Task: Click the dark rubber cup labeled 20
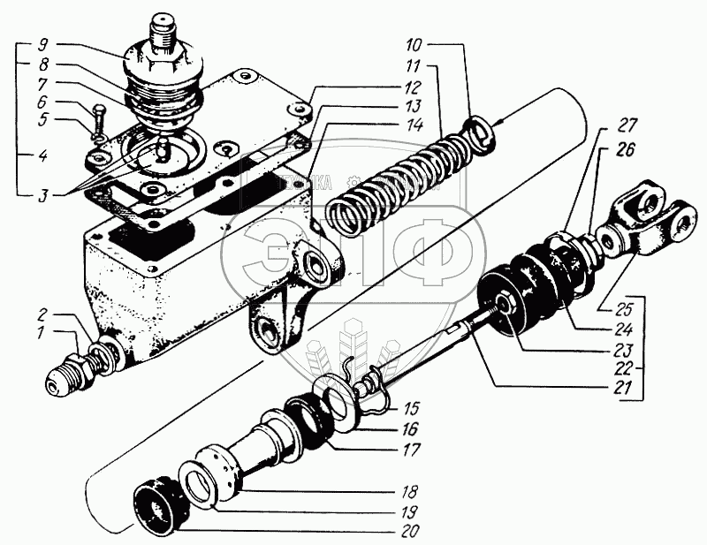point(161,506)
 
